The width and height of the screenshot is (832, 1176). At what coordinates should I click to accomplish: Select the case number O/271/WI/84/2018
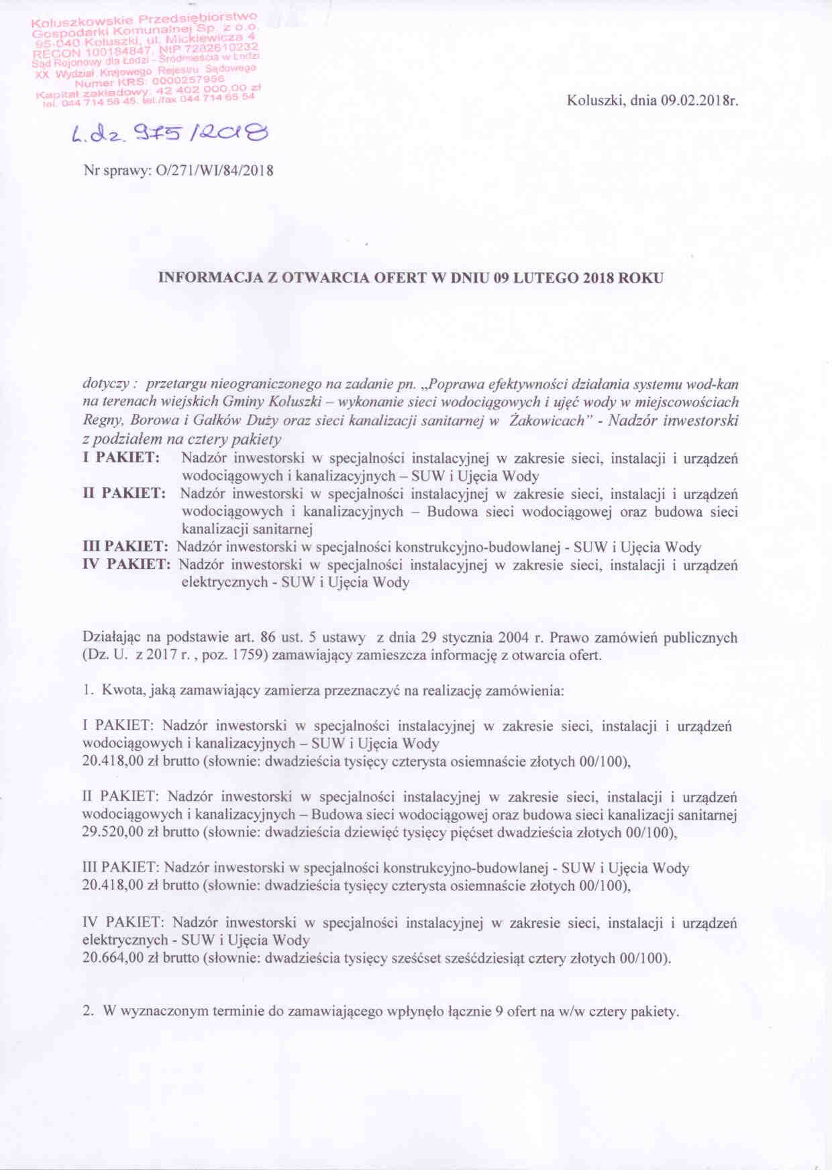tap(214, 170)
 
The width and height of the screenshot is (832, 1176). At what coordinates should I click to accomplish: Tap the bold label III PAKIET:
tap(125, 547)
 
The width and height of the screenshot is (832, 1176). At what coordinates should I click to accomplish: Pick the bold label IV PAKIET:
tap(126, 565)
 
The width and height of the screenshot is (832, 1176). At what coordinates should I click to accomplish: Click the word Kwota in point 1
tap(121, 690)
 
